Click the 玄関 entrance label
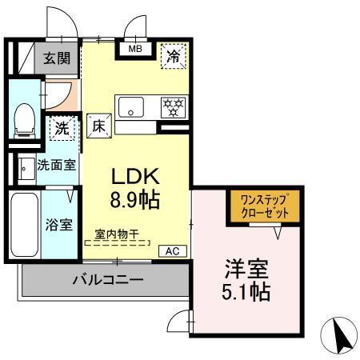[56, 58]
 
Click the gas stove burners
[172, 106]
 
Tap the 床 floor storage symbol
[98, 125]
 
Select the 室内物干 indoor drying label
[116, 234]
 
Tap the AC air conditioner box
[172, 250]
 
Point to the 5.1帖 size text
[247, 291]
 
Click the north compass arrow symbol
[340, 334]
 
